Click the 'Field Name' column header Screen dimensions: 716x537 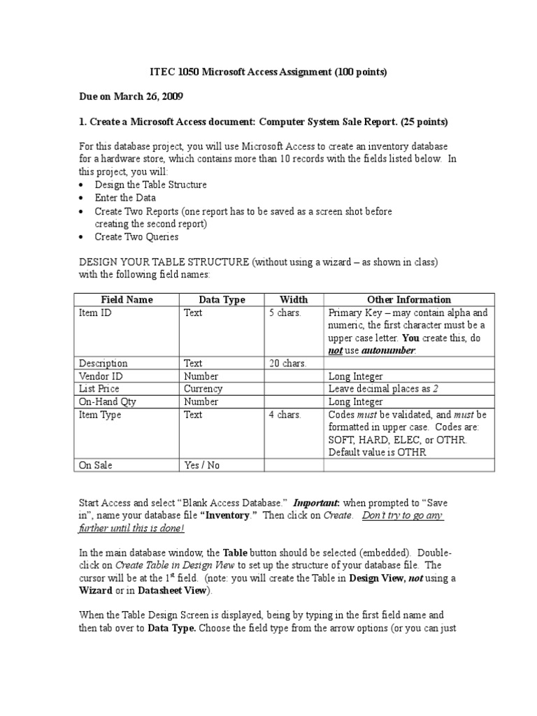click(x=127, y=300)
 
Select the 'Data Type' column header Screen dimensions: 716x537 click(x=222, y=300)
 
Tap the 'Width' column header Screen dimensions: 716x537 click(x=294, y=300)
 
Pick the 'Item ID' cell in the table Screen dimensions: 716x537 click(x=95, y=313)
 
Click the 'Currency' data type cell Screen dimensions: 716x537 click(x=203, y=389)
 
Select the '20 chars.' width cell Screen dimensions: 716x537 click(x=287, y=364)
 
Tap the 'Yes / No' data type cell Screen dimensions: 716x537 click(x=201, y=465)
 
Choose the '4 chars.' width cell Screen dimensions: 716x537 click(x=285, y=415)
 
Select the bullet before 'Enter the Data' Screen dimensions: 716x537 click(x=83, y=199)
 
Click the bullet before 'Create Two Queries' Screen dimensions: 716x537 click(x=83, y=237)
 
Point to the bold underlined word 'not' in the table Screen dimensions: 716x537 click(x=336, y=351)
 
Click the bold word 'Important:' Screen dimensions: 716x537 click(x=316, y=503)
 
